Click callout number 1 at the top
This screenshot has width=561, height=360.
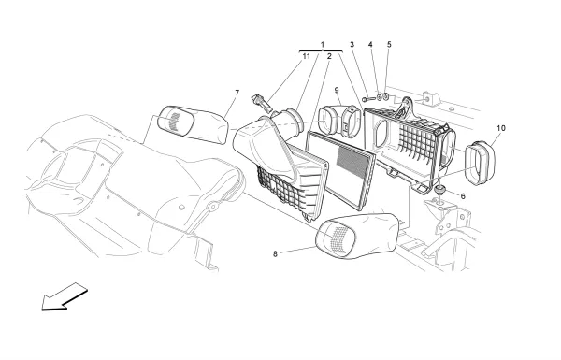coord(322,45)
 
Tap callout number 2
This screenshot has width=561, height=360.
coord(329,56)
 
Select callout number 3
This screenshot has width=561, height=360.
coord(352,44)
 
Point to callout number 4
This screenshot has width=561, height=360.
coord(370,44)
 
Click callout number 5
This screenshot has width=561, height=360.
coord(389,44)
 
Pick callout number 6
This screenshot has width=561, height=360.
coord(463,196)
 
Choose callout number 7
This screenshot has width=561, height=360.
coord(237,94)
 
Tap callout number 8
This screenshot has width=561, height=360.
coord(275,254)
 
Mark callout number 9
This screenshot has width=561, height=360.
coord(337,90)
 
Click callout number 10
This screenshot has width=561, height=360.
coord(501,128)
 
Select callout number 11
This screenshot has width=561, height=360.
coord(307,56)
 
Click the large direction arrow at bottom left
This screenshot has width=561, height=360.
coord(65,296)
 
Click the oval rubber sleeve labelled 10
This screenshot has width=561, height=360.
coord(480,164)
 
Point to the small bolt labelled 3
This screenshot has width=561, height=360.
coord(368,99)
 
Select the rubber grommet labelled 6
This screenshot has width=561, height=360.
coord(439,189)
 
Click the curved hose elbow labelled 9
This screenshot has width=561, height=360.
coord(340,121)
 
